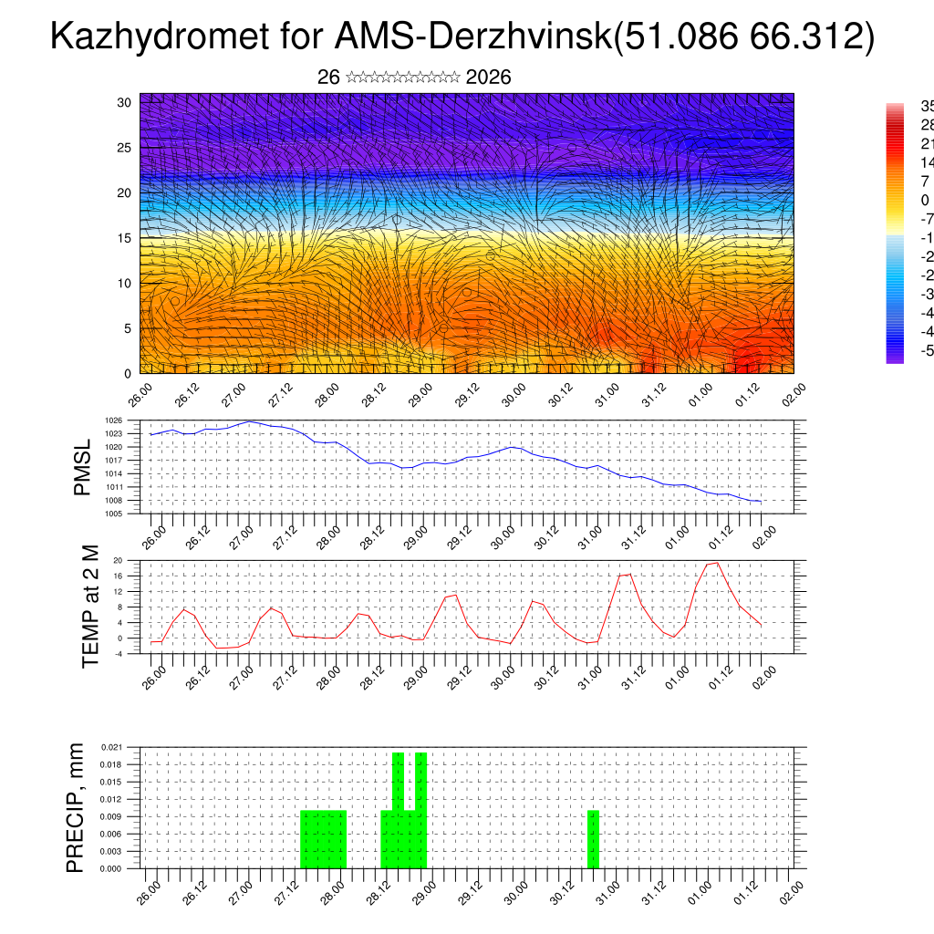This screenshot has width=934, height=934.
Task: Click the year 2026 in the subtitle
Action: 488,78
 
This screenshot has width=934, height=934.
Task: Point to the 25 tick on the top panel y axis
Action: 124,148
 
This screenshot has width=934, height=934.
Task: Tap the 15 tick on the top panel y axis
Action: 124,238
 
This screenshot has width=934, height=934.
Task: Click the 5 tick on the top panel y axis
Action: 127,328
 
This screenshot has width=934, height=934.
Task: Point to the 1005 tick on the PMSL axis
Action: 114,514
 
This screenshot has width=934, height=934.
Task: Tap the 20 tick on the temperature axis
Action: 118,560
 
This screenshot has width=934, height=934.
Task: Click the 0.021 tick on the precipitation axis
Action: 112,747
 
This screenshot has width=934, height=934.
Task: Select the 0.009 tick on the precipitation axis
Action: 112,816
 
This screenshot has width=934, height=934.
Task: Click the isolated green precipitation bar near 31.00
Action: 593,839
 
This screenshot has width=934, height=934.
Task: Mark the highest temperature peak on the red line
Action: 717,563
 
